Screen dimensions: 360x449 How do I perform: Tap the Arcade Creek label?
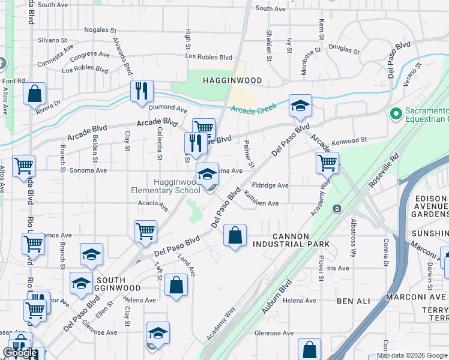coord(253,109)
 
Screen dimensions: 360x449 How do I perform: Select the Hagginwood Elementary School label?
coord(166,186)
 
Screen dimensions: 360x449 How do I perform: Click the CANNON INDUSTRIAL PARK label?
coord(291,240)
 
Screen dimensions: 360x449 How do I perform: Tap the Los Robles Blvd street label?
coord(209,57)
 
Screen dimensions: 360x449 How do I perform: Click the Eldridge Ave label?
coord(270,185)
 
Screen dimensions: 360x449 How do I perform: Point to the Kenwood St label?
coord(351,140)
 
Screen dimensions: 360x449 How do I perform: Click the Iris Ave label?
coord(338,268)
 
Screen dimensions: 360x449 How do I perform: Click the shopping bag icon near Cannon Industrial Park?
coord(235,235)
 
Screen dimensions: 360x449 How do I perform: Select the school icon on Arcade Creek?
coord(300,106)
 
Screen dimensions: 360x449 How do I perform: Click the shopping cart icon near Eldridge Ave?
coord(327,162)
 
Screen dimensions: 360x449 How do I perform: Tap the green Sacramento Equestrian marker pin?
coord(396,113)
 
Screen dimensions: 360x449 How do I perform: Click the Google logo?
coord(20,353)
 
